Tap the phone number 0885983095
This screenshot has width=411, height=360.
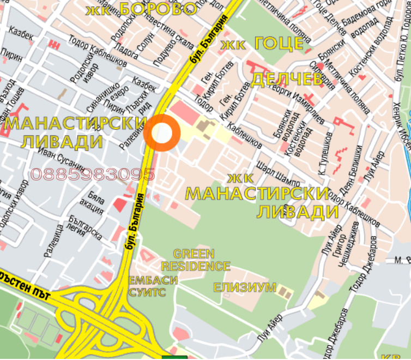[x=93, y=175]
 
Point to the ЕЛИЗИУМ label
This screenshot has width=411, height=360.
[x=245, y=287]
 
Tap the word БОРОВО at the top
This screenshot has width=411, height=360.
[x=158, y=9]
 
